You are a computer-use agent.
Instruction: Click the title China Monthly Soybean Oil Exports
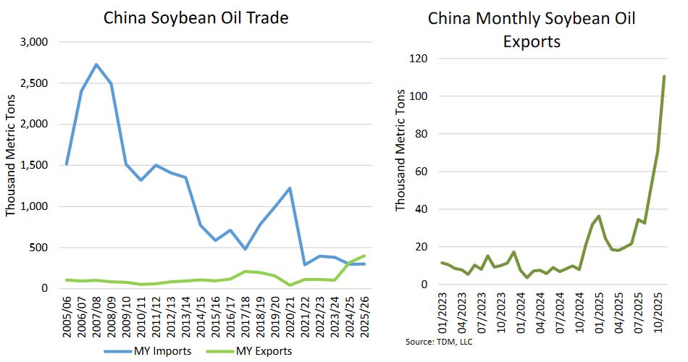tap(532, 30)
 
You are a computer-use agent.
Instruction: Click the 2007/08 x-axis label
tap(97, 315)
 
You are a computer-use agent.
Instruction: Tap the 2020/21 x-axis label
tap(290, 315)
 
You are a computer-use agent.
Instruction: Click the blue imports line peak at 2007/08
tap(96, 64)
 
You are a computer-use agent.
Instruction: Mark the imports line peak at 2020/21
tap(290, 188)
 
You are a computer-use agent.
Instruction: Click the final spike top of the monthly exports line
tap(664, 76)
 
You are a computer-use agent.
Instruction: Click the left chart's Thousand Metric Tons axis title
tap(11, 165)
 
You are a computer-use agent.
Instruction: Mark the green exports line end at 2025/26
tap(364, 256)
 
